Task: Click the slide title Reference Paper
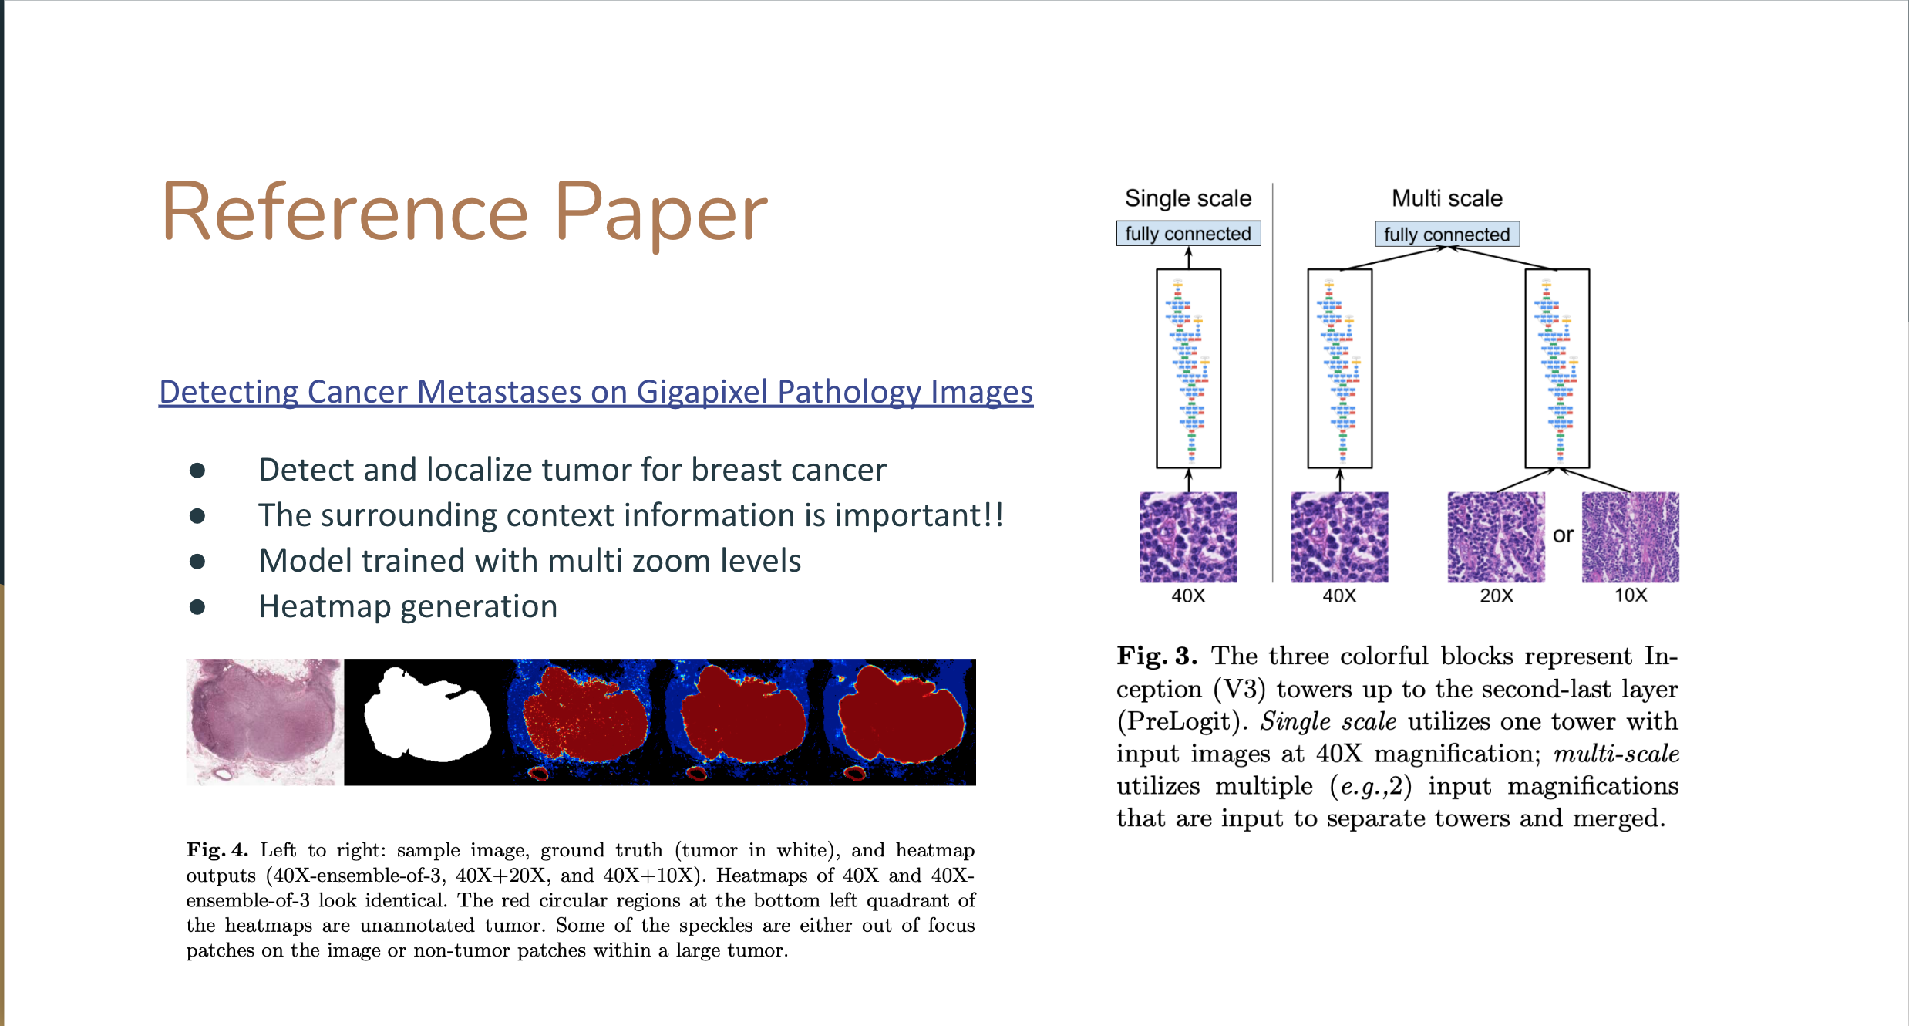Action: (464, 212)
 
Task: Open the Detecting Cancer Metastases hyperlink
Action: (596, 392)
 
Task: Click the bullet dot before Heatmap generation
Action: (197, 607)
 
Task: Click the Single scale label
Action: (1188, 198)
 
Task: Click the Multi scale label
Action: (1447, 198)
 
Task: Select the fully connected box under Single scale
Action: (1188, 233)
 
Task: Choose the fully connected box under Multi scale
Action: (1447, 234)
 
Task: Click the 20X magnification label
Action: (1497, 596)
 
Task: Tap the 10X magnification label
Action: (1631, 595)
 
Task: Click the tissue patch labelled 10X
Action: (1631, 537)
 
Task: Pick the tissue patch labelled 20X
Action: (1497, 537)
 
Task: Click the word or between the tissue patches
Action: (1563, 535)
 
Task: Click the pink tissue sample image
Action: (265, 722)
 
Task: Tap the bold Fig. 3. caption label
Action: (1157, 656)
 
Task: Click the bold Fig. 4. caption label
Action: (217, 850)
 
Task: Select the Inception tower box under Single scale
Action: (1188, 369)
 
